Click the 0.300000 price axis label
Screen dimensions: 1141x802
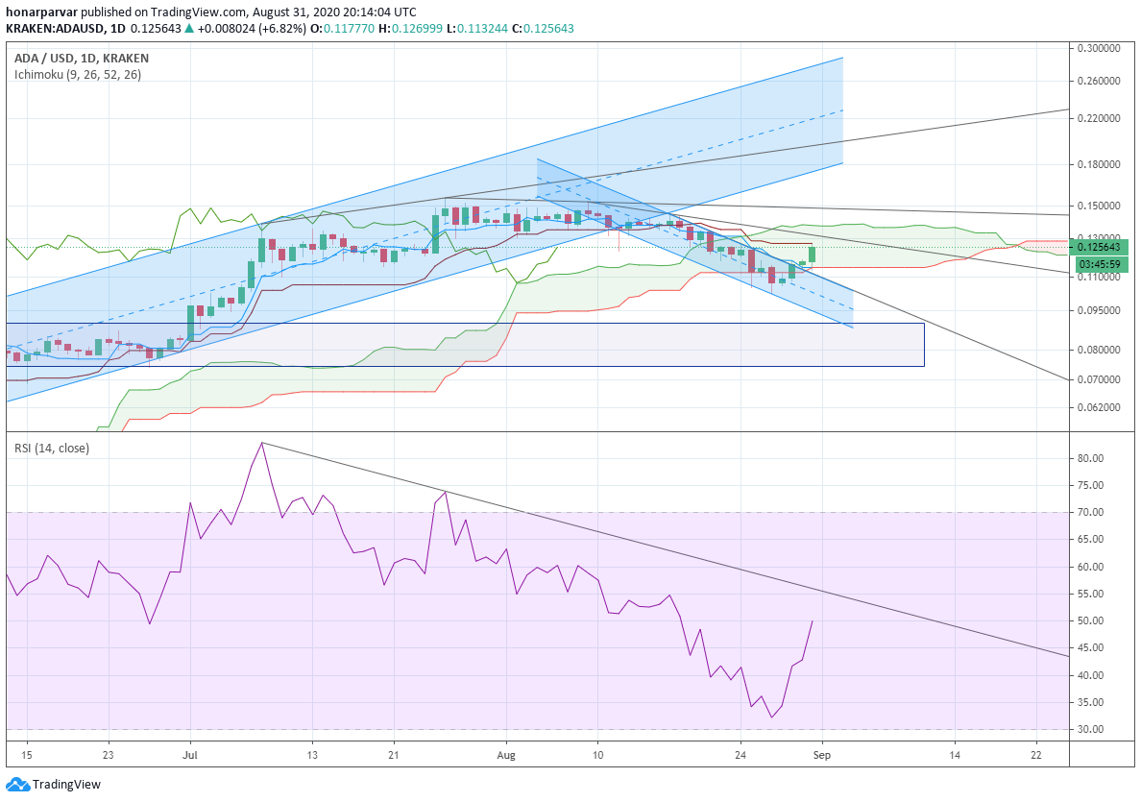(x=1099, y=48)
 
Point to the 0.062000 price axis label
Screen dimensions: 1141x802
(x=1099, y=407)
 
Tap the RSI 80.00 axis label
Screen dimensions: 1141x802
(x=1091, y=458)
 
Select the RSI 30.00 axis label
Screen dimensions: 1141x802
(x=1091, y=729)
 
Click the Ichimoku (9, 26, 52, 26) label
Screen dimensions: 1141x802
(x=78, y=74)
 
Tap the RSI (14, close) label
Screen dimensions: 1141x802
(x=52, y=449)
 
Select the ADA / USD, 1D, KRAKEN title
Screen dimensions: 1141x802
(x=82, y=59)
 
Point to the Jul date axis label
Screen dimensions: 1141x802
(x=190, y=755)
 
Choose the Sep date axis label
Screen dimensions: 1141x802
(x=821, y=755)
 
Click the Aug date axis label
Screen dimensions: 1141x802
(x=506, y=755)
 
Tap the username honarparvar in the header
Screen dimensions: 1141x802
(x=41, y=12)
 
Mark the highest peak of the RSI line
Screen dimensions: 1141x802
(x=262, y=443)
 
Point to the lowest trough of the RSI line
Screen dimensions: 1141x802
(x=771, y=717)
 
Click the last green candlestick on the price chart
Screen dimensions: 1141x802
(x=813, y=254)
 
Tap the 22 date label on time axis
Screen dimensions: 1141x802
(x=1036, y=755)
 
